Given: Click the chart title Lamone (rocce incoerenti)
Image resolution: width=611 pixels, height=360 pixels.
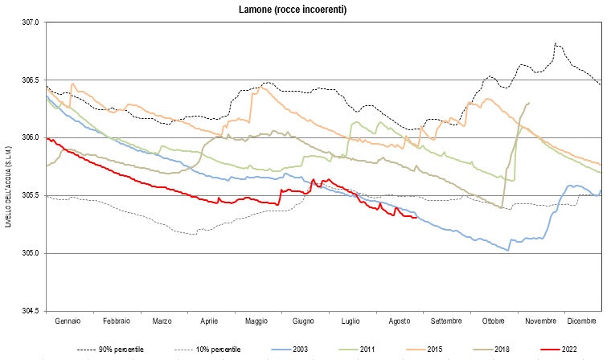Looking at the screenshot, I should pyautogui.click(x=305, y=10).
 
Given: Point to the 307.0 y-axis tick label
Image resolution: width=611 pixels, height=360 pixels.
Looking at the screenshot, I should pyautogui.click(x=31, y=22).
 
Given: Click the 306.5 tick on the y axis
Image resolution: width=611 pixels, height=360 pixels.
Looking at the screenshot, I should pyautogui.click(x=31, y=80).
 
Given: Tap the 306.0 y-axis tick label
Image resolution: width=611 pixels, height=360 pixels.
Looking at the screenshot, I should pyautogui.click(x=31, y=138).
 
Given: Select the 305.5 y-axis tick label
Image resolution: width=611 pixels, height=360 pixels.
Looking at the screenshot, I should pyautogui.click(x=31, y=196).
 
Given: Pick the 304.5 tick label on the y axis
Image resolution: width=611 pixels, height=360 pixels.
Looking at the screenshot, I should pyautogui.click(x=31, y=311).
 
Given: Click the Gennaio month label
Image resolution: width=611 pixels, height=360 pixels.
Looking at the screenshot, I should pyautogui.click(x=68, y=321).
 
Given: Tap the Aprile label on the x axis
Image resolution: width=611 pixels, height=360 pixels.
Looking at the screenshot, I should pyautogui.click(x=210, y=321).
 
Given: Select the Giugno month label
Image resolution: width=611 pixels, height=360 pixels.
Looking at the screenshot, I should pyautogui.click(x=304, y=321).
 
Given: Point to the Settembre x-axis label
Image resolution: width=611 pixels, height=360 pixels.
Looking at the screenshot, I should pyautogui.click(x=446, y=321).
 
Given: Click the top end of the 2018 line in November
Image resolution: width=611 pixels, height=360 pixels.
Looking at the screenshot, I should pyautogui.click(x=528, y=102).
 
